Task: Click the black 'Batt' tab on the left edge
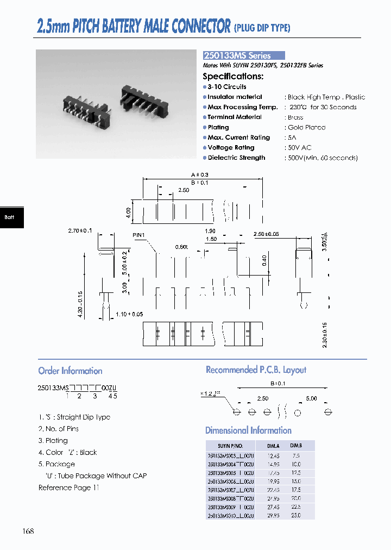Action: coord(10,217)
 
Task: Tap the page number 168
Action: coord(28,530)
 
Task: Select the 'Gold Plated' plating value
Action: coord(307,127)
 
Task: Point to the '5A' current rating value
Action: coord(293,137)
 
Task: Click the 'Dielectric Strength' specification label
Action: coord(236,158)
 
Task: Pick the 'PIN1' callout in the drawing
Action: coord(140,235)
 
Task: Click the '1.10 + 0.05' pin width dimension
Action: coord(129,314)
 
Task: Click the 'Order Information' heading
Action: coord(70,371)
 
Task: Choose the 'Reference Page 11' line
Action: coord(69,487)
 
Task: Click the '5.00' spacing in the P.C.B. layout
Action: coord(311,398)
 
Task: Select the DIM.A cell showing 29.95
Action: coord(273,515)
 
